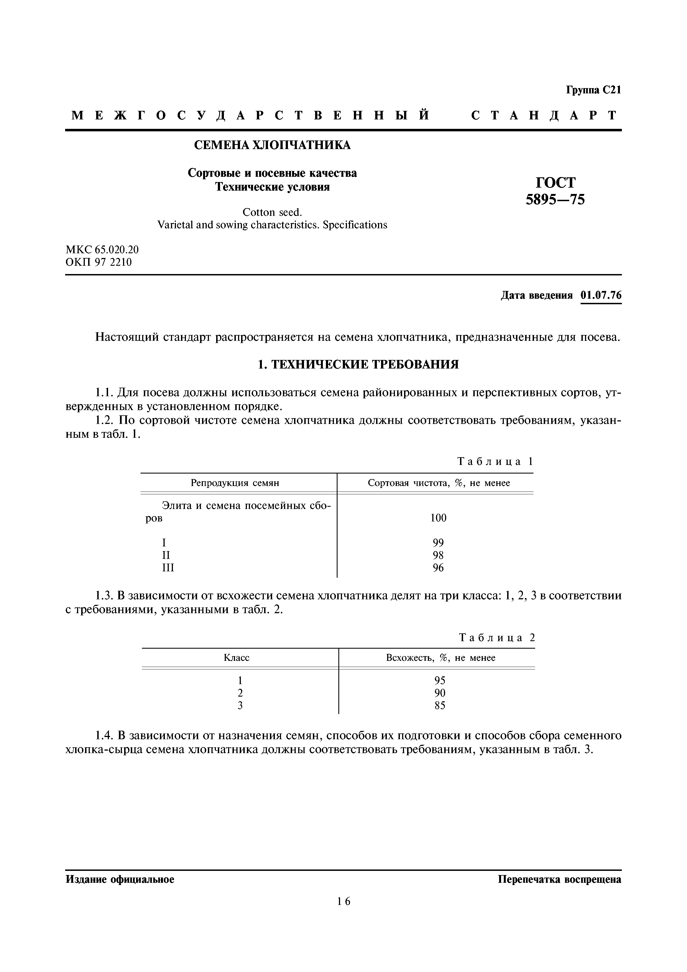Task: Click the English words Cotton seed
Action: pos(272,212)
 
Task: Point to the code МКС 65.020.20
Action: pos(102,250)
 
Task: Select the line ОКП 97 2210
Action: pos(99,262)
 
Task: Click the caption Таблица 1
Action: pos(495,461)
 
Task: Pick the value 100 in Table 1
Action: pos(438,518)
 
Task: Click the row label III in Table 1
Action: pos(168,568)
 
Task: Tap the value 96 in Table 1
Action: pos(438,568)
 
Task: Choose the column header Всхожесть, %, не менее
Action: pos(440,658)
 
